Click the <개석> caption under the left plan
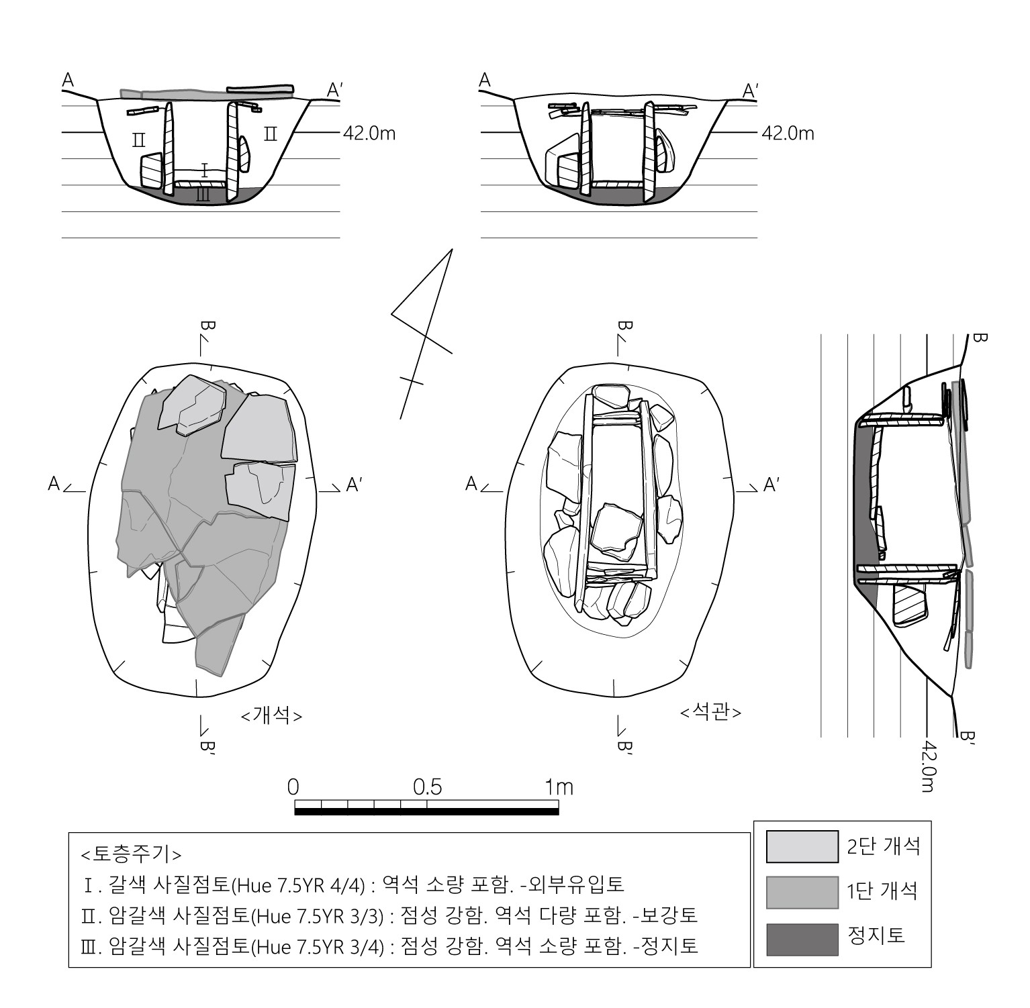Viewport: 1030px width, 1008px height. [271, 716]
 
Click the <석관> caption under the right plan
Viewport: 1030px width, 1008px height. [711, 711]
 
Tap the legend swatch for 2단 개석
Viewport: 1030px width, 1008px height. [802, 847]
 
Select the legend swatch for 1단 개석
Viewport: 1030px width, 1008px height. [802, 893]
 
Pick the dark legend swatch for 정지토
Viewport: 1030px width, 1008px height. [802, 940]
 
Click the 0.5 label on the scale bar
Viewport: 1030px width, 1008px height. [428, 787]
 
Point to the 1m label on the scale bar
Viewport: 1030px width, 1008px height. [559, 787]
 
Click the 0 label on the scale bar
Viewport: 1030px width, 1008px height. [293, 787]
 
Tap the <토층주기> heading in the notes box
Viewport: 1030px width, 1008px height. [131, 854]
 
